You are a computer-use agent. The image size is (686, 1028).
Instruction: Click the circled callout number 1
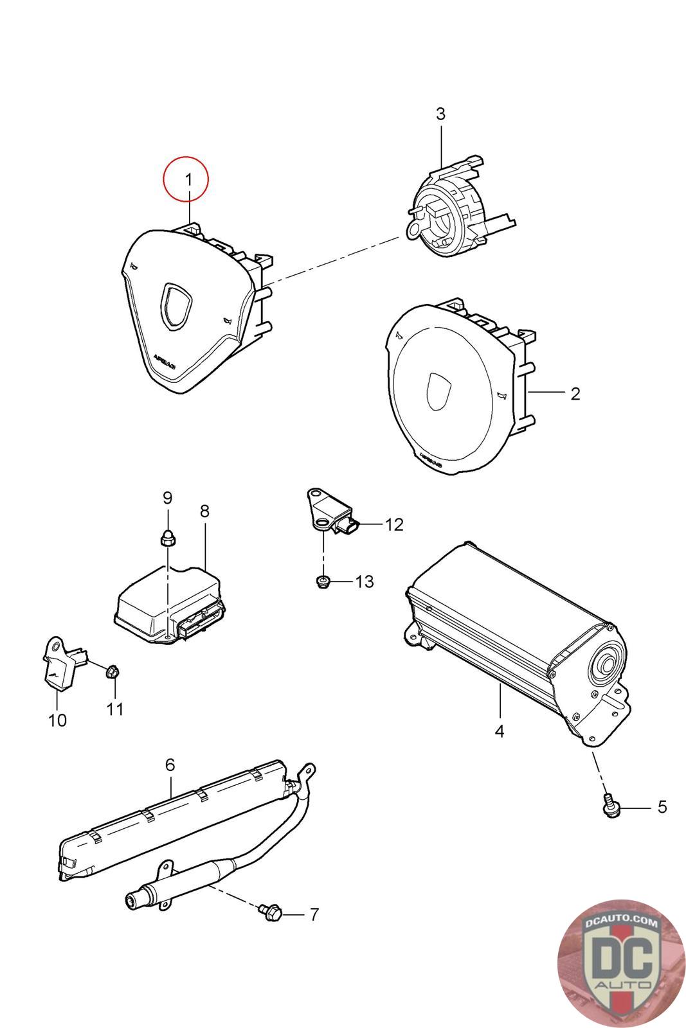tap(188, 180)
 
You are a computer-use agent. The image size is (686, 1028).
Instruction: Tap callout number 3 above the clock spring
tap(440, 114)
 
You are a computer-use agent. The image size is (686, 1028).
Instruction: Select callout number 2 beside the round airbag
tap(575, 393)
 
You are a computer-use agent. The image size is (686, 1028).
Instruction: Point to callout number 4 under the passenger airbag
tap(500, 731)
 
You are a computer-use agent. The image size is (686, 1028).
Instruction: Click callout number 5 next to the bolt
tap(662, 807)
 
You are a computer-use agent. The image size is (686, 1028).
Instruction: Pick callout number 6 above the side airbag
tap(170, 765)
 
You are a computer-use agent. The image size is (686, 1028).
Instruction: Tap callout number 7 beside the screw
tap(314, 914)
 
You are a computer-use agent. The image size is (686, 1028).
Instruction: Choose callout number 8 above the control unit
tap(204, 511)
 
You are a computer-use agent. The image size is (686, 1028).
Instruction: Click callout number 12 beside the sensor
tap(393, 524)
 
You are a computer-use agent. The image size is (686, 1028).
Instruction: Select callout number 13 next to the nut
tap(364, 581)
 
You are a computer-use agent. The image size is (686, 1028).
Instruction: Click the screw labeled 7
tap(270, 911)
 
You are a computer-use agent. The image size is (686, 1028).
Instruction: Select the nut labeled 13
tap(323, 582)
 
